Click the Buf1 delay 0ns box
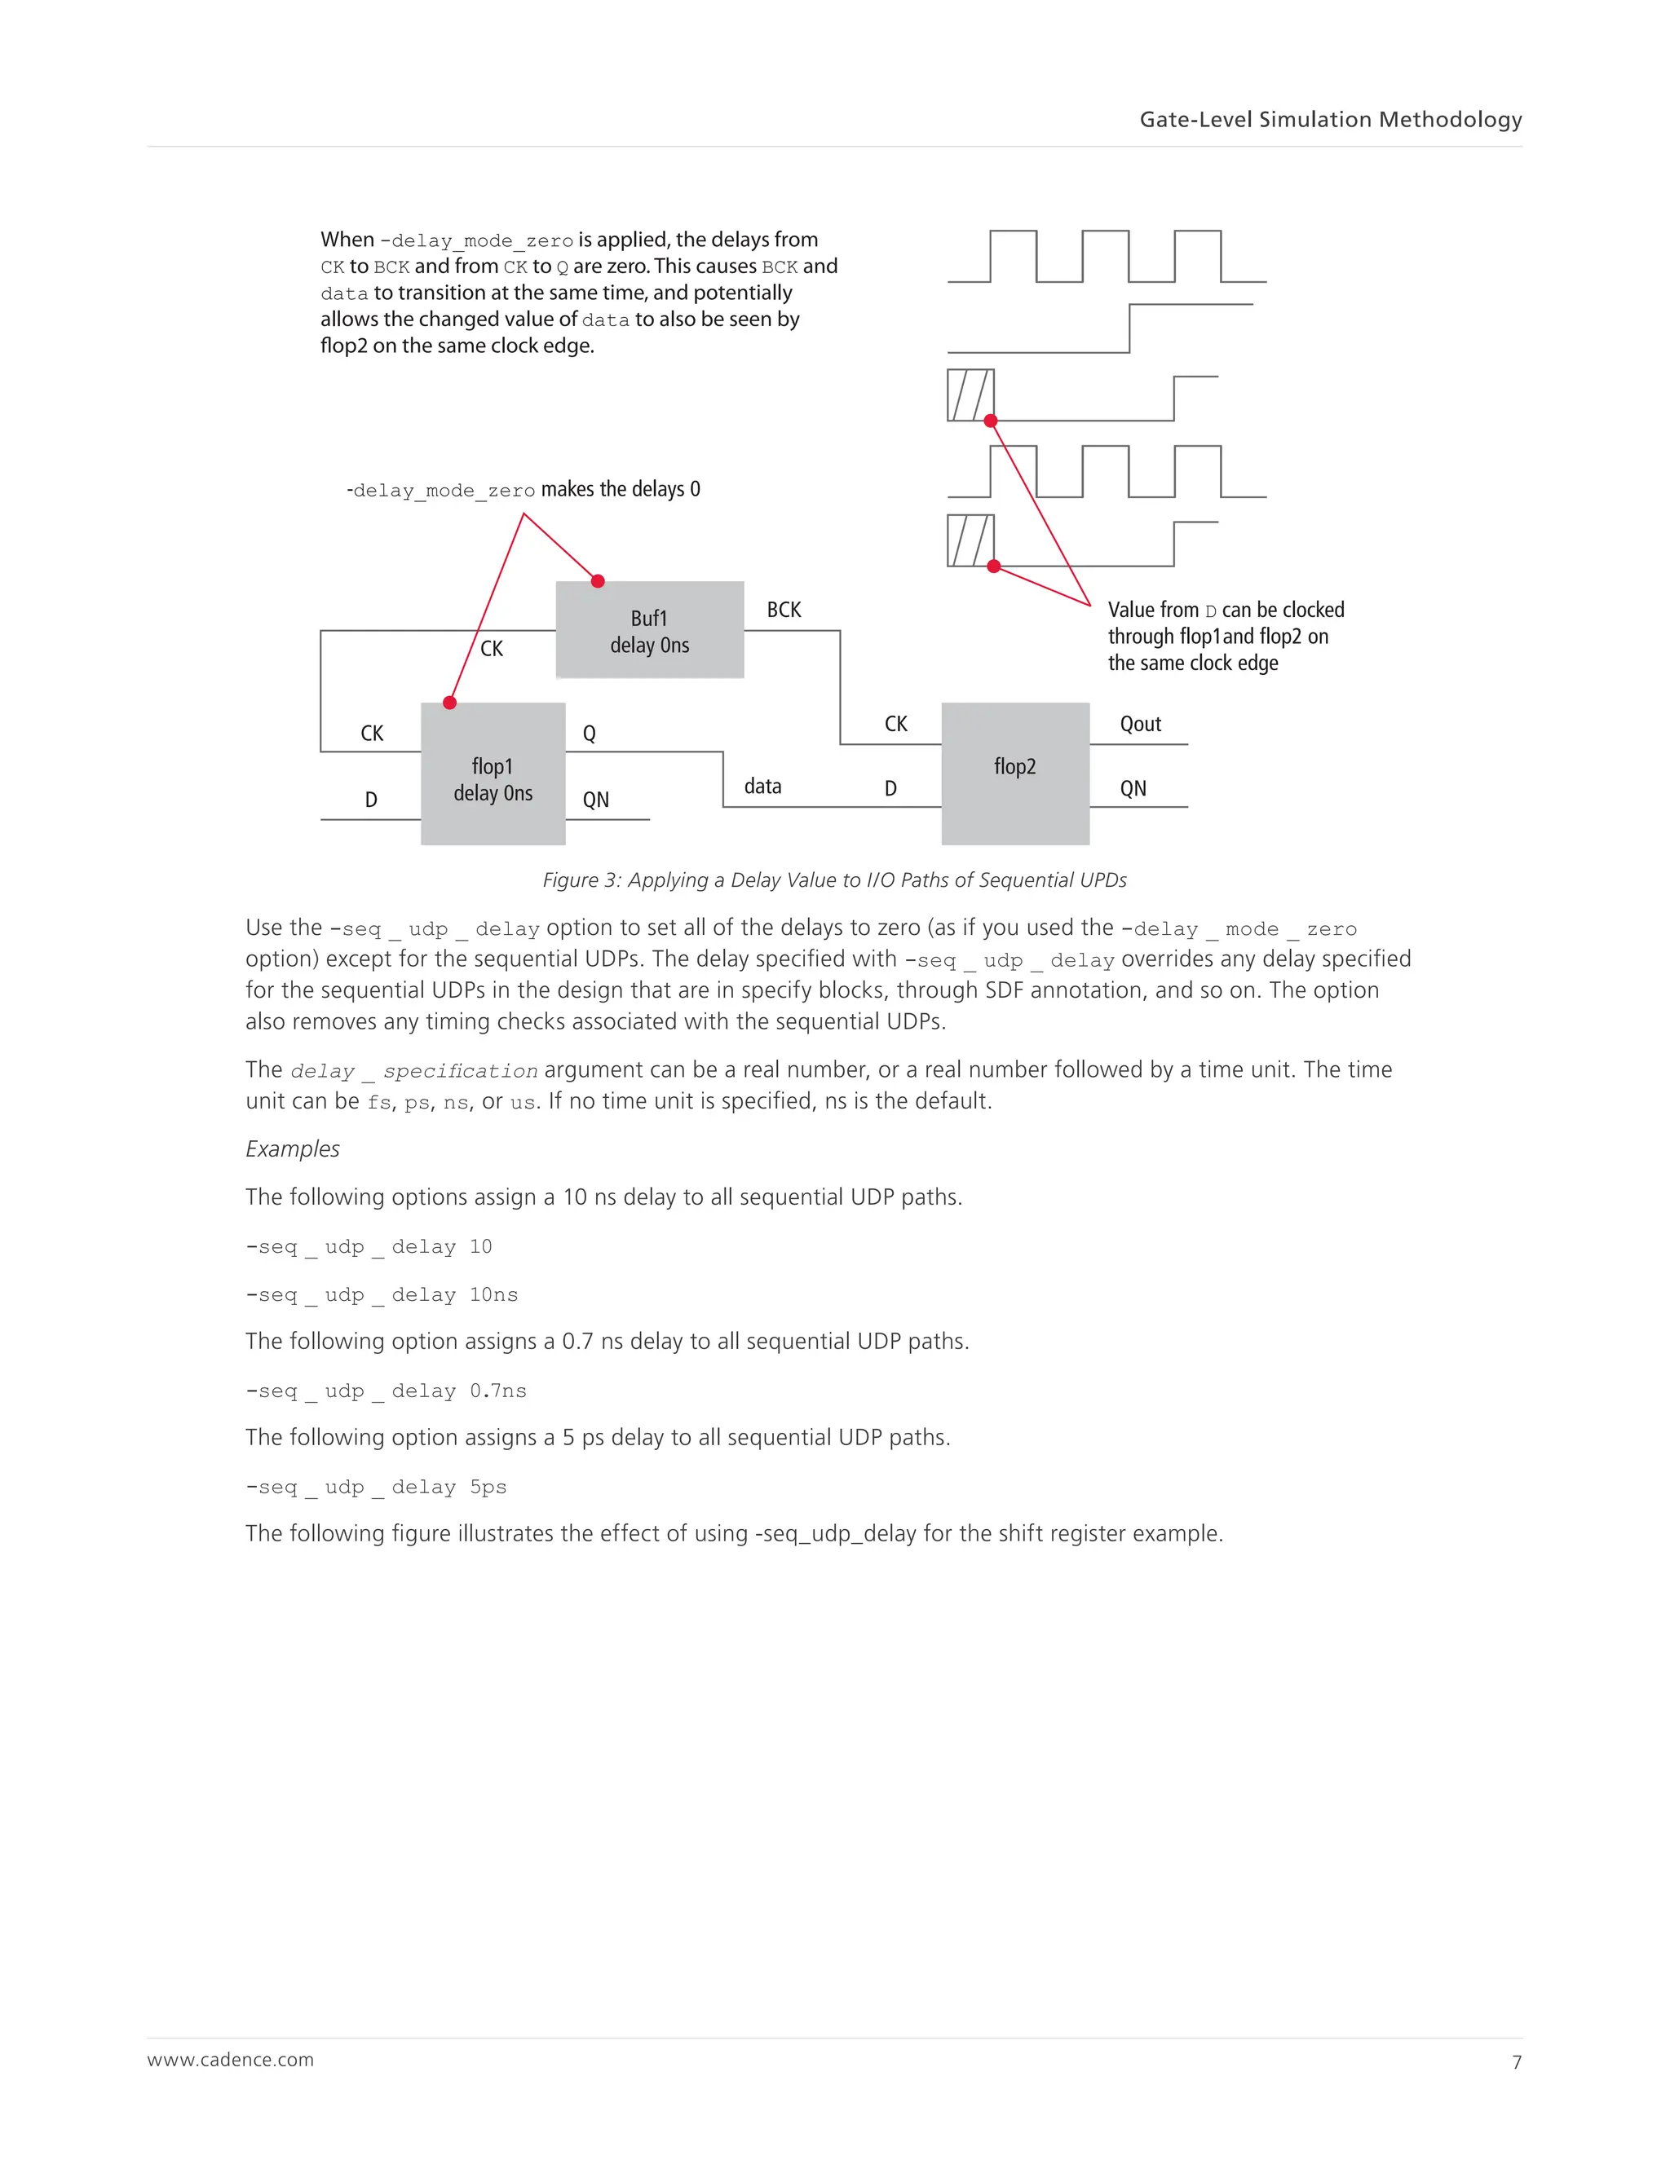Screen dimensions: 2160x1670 click(x=649, y=630)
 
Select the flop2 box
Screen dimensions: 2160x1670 click(x=1015, y=773)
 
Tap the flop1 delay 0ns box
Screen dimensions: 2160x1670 click(x=493, y=774)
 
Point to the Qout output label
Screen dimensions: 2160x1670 click(x=1140, y=724)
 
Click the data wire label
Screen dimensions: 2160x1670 click(x=762, y=787)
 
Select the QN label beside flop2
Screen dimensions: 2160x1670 click(x=1133, y=789)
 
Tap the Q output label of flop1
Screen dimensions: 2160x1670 click(x=589, y=734)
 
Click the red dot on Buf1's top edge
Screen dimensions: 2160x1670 click(x=598, y=581)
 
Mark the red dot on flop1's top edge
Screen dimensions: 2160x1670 click(x=450, y=703)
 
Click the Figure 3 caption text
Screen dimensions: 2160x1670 click(x=834, y=880)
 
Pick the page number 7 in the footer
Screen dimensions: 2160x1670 click(x=1516, y=2062)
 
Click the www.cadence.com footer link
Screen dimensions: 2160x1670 click(x=231, y=2060)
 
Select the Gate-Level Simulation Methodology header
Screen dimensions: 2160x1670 click(x=1330, y=120)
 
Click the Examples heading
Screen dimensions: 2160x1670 click(x=293, y=1149)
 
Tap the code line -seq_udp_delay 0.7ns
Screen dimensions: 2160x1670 click(x=386, y=1391)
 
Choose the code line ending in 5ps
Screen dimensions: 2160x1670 click(x=376, y=1488)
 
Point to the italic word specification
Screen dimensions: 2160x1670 click(x=460, y=1071)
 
